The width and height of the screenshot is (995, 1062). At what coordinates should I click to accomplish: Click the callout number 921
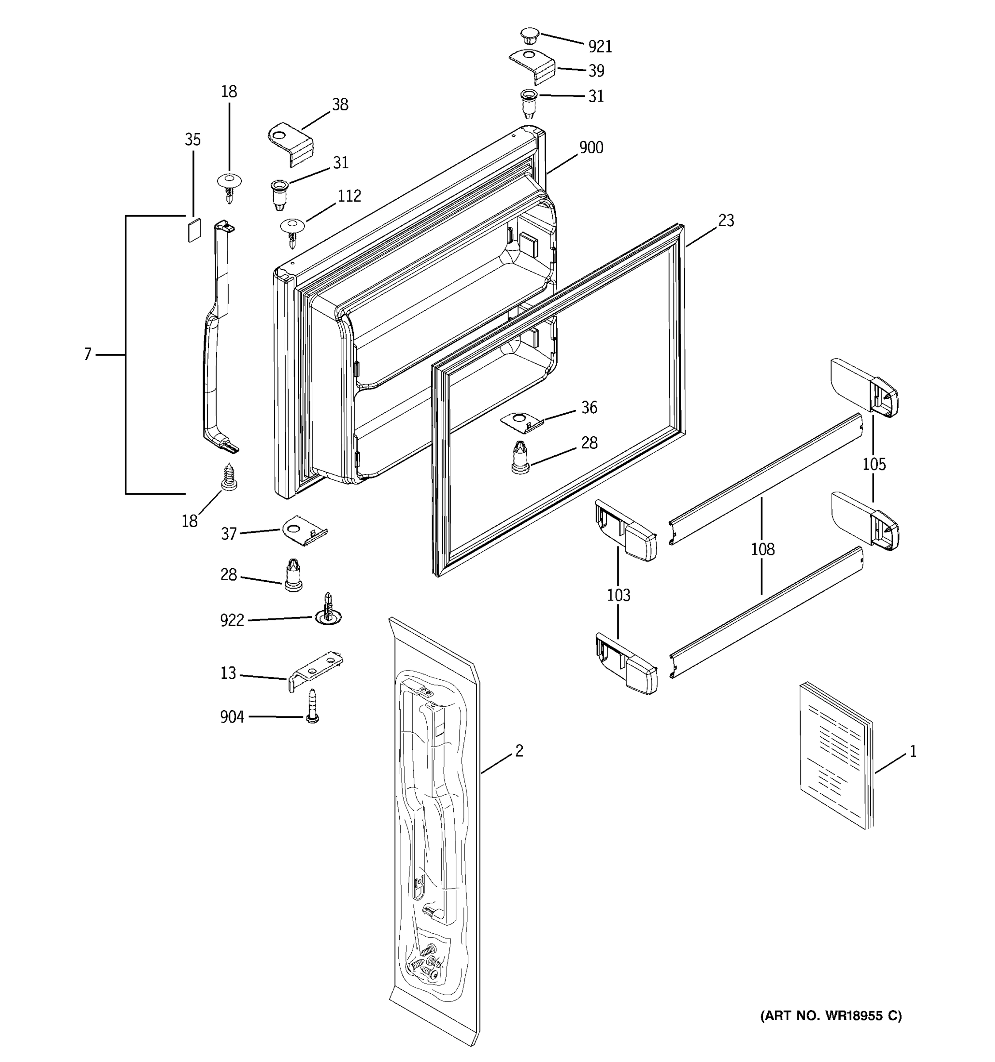coord(600,46)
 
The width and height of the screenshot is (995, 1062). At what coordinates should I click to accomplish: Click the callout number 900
coord(591,147)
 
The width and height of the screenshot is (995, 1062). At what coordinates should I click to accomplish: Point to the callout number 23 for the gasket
coord(725,220)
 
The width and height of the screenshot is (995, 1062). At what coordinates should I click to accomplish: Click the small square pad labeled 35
coord(194,230)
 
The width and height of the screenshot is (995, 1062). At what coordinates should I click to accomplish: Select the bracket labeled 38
coord(291,143)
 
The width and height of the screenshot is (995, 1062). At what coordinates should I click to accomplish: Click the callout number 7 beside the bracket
coord(88,354)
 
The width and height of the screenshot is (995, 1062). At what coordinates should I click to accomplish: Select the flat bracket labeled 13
coord(315,670)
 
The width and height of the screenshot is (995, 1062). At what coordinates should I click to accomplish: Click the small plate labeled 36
coord(521,420)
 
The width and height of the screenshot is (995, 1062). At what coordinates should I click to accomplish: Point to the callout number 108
coord(762,549)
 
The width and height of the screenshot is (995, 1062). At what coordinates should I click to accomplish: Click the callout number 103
coord(618,595)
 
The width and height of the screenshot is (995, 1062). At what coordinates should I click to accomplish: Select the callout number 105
coord(874,464)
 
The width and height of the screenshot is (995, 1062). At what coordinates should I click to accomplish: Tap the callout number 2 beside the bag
coord(519,750)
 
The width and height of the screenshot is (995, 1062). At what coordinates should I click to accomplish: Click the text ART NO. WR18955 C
coord(830,1016)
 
